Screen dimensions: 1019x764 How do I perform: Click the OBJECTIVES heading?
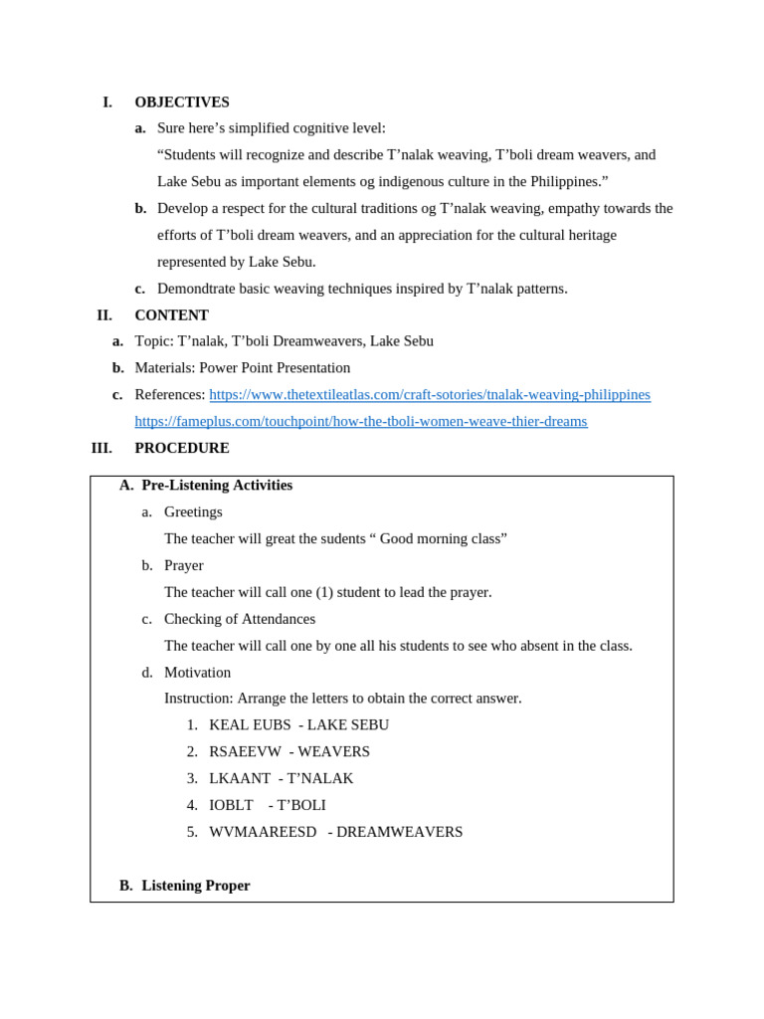click(182, 102)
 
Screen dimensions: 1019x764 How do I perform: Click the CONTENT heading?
click(171, 315)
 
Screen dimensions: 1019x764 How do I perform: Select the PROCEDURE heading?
click(182, 448)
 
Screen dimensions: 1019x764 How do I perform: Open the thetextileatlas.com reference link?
click(429, 394)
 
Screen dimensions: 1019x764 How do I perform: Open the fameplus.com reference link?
click(360, 421)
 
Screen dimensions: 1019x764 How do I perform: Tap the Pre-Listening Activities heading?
click(217, 485)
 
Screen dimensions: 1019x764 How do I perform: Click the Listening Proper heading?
click(196, 885)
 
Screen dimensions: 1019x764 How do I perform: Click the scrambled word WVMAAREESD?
click(263, 831)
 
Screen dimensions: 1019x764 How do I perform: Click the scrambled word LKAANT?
click(240, 778)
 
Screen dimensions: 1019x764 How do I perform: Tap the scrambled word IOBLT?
click(231, 805)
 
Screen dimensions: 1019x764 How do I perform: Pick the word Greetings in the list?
click(193, 511)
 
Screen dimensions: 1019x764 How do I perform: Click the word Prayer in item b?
click(183, 565)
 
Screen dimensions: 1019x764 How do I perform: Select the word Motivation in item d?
click(197, 672)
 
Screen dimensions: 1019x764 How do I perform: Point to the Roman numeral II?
click(104, 315)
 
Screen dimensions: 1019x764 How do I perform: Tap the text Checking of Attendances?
click(240, 618)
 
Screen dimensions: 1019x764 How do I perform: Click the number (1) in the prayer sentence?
click(324, 592)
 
